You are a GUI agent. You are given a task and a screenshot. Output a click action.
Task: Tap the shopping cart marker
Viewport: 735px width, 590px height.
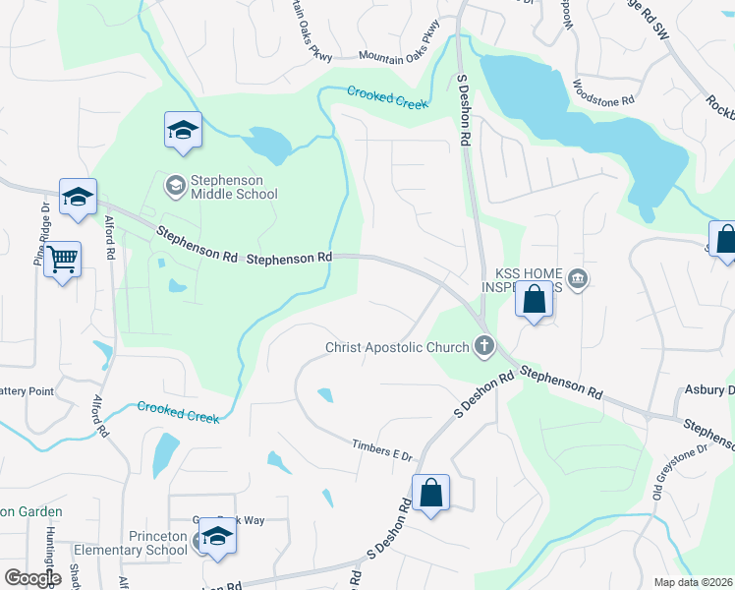(62, 260)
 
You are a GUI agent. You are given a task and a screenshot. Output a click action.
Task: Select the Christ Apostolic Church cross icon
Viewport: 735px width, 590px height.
(482, 346)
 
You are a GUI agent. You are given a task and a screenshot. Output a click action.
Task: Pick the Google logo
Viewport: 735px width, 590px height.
(32, 578)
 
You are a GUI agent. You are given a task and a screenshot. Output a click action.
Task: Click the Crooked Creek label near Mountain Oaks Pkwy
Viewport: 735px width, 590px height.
(387, 96)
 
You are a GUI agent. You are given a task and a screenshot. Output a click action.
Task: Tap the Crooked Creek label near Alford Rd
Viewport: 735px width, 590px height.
(178, 412)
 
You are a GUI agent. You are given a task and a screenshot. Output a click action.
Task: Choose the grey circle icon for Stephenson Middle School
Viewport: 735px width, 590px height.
(175, 184)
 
